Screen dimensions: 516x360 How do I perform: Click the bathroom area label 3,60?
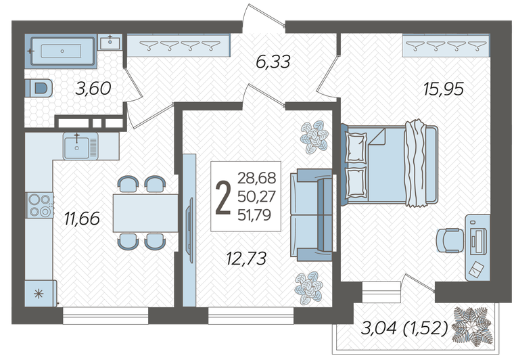click(93, 89)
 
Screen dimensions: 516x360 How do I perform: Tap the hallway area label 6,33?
click(273, 62)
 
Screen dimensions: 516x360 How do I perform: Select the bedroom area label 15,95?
click(444, 89)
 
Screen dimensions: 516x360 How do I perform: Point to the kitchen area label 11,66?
click(82, 219)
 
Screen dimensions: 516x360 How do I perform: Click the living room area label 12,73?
click(246, 258)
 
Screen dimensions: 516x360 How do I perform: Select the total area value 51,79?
click(254, 215)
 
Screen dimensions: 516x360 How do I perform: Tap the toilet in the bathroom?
click(39, 88)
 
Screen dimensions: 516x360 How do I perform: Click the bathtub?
click(62, 51)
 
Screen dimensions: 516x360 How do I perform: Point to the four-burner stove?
click(40, 205)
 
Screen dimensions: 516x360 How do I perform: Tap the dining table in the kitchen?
click(145, 213)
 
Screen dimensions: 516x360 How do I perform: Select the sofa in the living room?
click(311, 215)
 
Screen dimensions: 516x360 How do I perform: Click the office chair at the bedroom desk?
click(450, 240)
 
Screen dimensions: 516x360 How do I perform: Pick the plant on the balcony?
click(473, 326)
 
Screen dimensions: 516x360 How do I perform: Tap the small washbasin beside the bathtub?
click(110, 42)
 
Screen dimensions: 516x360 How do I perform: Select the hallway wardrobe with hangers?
click(179, 45)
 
